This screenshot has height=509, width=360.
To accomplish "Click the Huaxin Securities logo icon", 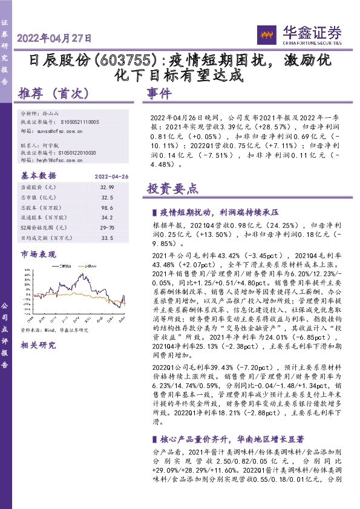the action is (265, 34).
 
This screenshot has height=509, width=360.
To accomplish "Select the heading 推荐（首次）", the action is (54, 94).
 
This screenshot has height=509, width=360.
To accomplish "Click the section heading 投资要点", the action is (172, 188).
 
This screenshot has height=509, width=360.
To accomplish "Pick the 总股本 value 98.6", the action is (107, 206).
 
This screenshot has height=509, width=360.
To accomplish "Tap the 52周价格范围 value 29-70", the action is (107, 227).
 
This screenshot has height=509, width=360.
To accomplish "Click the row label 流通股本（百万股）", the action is (44, 217).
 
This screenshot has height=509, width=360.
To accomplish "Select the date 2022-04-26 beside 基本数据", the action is (112, 176).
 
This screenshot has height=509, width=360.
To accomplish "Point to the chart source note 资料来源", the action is (54, 330).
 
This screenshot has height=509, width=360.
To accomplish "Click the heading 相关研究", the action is (38, 345).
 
